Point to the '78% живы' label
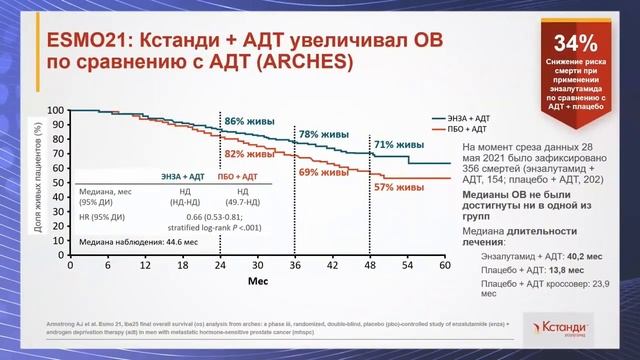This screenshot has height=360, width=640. (322, 134)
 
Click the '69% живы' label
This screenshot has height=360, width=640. (322, 173)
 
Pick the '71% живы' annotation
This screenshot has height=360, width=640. (397, 145)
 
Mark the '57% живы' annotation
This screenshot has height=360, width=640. (397, 187)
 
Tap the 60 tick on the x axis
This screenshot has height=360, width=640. (444, 268)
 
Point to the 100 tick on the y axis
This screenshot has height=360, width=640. (56, 110)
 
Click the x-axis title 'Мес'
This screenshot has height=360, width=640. (257, 283)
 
